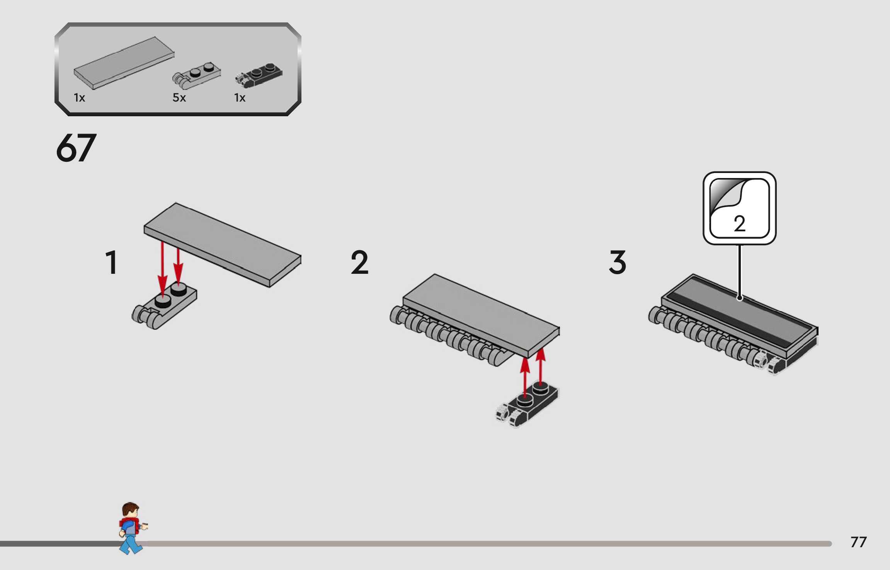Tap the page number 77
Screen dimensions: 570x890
pyautogui.click(x=858, y=542)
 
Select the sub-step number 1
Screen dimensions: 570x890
pyautogui.click(x=111, y=263)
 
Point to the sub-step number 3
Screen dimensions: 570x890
pyautogui.click(x=617, y=263)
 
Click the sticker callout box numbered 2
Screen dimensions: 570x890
pyautogui.click(x=739, y=208)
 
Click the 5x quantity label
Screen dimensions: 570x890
pyautogui.click(x=179, y=98)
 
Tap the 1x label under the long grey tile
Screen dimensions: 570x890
pyautogui.click(x=79, y=98)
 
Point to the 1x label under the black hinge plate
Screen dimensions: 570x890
pyautogui.click(x=240, y=98)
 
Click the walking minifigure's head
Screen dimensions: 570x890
pyautogui.click(x=131, y=511)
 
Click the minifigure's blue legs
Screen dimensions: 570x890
pyautogui.click(x=131, y=545)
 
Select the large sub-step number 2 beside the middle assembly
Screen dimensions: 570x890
pyautogui.click(x=359, y=263)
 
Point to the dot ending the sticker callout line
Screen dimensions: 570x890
pyautogui.click(x=739, y=298)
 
